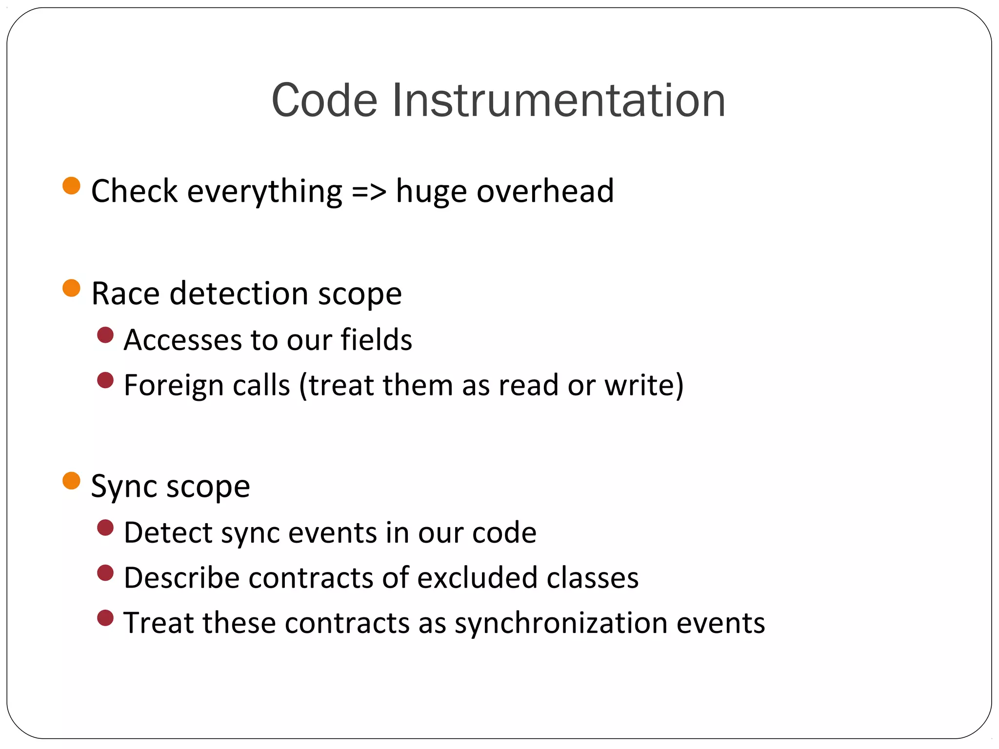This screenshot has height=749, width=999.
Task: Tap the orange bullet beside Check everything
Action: coord(72,186)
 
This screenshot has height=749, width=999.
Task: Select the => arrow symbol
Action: coord(369,191)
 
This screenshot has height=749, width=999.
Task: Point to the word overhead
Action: coord(545,191)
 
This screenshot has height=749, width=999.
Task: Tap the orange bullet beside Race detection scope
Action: coord(72,288)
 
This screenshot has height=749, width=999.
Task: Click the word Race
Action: coord(125,294)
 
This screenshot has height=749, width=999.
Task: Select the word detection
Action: coord(239,294)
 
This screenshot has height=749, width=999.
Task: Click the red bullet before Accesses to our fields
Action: coord(105,335)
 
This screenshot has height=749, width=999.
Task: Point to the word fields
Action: coord(376,339)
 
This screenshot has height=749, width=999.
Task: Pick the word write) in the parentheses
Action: coord(644,385)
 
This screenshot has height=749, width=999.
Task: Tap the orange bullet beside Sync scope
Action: coord(72,481)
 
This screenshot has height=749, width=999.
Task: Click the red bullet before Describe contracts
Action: coord(105,573)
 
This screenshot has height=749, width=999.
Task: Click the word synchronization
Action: coord(560,624)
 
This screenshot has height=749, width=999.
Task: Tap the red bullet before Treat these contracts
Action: coord(105,618)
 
